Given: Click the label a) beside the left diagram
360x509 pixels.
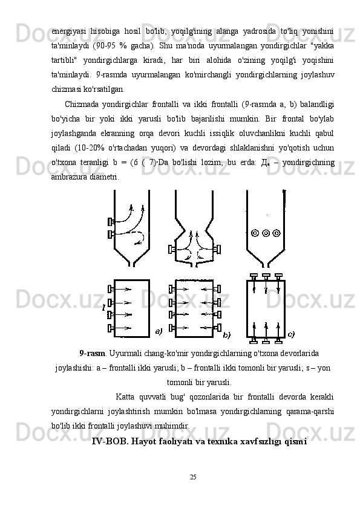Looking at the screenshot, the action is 159,331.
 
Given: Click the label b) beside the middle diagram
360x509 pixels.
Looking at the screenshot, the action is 226,336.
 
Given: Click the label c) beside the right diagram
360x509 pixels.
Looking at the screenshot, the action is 291,334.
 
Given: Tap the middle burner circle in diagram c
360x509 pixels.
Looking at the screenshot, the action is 266,233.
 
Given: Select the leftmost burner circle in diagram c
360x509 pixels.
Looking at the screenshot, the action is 255,233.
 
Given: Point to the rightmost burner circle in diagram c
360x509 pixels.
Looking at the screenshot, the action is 277,233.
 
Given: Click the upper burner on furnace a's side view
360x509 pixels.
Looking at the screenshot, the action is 111,222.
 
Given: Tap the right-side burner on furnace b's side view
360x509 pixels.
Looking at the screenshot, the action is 218,250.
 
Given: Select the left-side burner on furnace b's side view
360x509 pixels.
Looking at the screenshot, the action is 172,250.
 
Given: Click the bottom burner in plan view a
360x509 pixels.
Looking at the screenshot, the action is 111,328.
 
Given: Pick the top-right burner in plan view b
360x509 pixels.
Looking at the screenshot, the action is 218,288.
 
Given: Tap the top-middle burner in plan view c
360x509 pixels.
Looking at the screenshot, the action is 266,277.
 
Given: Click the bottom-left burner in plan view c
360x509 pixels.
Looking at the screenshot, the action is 254,340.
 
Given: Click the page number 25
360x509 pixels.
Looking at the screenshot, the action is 193,477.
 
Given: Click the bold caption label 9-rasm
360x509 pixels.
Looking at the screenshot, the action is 93,353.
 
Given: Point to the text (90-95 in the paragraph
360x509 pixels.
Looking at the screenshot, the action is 103,46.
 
